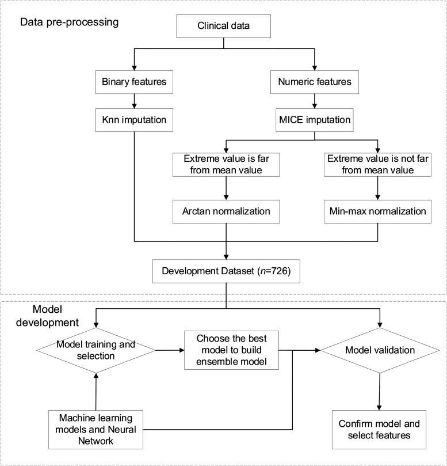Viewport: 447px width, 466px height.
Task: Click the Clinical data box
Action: coord(224,26)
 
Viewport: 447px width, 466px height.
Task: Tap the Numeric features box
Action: coord(315,82)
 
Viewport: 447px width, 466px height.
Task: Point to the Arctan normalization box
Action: coord(226,211)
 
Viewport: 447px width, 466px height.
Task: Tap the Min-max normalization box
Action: coord(377,211)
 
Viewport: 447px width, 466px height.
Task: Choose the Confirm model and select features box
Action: coord(379,429)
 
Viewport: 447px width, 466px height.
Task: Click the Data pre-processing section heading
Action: coord(69,22)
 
